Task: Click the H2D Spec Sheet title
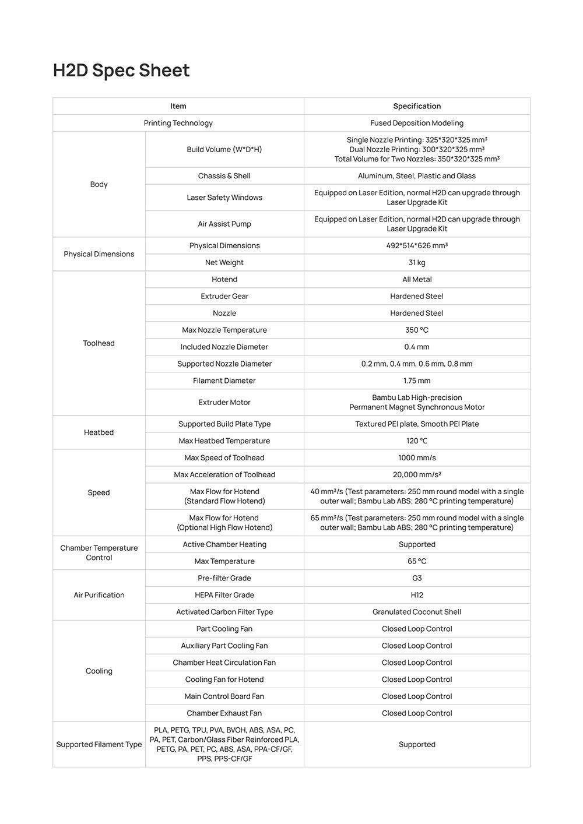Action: (x=121, y=71)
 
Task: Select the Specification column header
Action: (x=417, y=106)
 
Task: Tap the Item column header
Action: (x=178, y=106)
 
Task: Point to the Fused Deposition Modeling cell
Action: (x=417, y=123)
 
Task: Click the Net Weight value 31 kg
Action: (x=417, y=262)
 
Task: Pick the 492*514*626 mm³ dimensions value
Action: (x=417, y=245)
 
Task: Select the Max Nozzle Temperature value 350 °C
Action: (x=417, y=330)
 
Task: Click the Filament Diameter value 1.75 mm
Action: (x=417, y=381)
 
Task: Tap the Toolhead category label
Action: (x=99, y=343)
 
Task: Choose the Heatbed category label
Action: (x=99, y=432)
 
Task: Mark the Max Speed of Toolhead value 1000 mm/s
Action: (x=417, y=457)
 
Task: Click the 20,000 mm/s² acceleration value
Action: (x=417, y=474)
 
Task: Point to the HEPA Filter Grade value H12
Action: (x=417, y=595)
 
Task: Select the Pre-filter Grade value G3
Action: (x=417, y=578)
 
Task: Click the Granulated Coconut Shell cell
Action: (x=417, y=612)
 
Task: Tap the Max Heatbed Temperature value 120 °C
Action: (x=417, y=441)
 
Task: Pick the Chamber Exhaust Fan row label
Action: (x=224, y=713)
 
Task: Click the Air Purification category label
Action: (x=99, y=595)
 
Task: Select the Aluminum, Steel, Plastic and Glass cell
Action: (x=417, y=176)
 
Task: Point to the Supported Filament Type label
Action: (x=99, y=744)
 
